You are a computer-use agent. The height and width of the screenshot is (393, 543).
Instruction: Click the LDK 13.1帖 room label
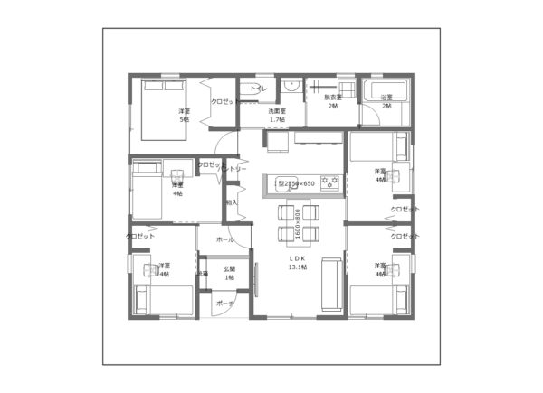click(298, 263)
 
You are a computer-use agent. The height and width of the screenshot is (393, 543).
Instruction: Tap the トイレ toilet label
click(258, 89)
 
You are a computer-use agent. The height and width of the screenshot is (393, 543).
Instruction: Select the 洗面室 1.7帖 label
click(277, 115)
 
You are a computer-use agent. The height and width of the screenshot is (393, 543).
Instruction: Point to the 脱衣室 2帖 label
click(332, 101)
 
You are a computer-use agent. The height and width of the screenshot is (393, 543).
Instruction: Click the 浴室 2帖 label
click(386, 101)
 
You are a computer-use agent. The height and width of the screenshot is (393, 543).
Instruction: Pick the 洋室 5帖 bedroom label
click(184, 115)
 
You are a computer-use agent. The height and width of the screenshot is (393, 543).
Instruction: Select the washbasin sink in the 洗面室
click(291, 87)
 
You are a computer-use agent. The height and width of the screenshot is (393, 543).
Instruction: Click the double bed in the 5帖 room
click(163, 107)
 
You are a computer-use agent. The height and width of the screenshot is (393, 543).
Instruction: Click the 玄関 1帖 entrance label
click(230, 272)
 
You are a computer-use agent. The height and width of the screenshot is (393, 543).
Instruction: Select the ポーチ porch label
click(224, 304)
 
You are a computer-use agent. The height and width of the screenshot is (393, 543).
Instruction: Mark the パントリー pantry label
click(232, 169)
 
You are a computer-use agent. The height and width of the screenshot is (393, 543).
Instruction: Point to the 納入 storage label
click(232, 202)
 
